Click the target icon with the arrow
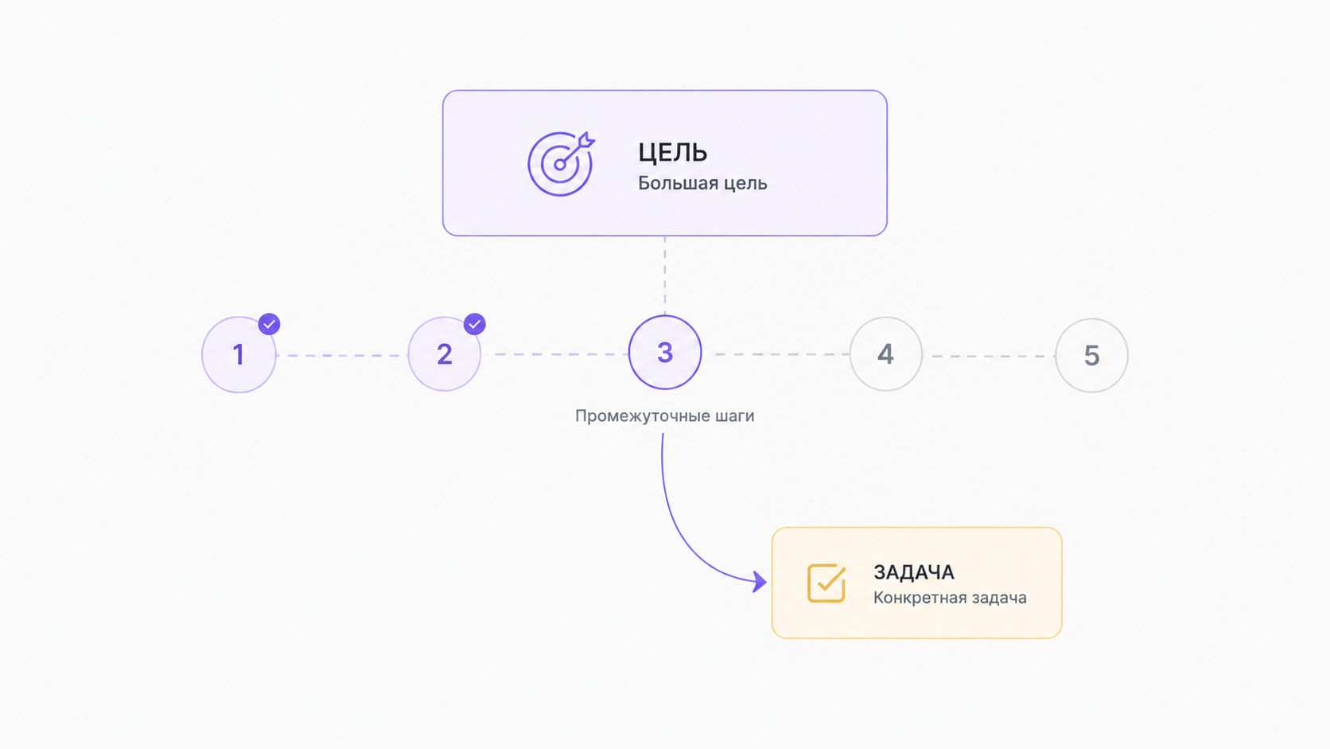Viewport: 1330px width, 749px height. (x=561, y=163)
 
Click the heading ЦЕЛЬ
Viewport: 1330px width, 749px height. (x=673, y=153)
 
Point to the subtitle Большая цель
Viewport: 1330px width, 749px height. (x=702, y=184)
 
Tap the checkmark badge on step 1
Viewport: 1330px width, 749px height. (x=269, y=324)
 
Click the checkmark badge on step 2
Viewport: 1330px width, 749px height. (x=474, y=324)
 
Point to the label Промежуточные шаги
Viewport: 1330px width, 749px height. (x=664, y=415)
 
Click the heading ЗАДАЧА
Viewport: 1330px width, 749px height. (x=914, y=572)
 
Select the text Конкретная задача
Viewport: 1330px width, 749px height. (x=950, y=598)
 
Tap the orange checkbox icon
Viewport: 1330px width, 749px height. (x=826, y=583)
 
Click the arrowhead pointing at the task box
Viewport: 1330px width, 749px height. (x=760, y=582)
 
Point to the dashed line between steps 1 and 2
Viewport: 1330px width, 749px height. (x=342, y=355)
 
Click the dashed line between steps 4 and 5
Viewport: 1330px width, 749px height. (x=990, y=356)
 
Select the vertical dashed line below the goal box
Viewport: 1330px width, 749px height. (x=665, y=275)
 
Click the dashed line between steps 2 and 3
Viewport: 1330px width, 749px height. (x=554, y=354)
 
